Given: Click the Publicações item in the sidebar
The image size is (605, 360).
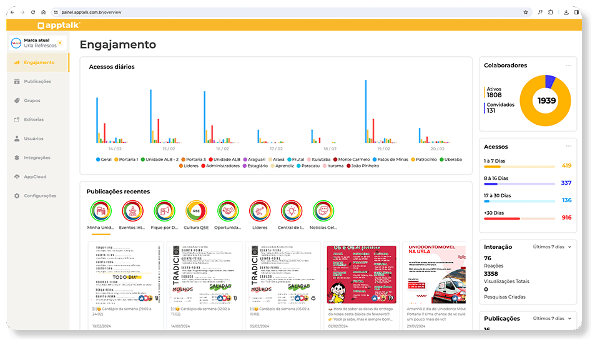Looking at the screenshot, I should (x=37, y=82).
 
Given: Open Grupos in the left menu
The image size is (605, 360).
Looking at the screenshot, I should (x=32, y=100).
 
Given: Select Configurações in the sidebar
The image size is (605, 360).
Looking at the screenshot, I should (x=39, y=196).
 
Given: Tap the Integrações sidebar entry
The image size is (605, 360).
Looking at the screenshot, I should (x=37, y=158).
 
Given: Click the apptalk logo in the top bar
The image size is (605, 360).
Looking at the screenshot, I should (x=58, y=26).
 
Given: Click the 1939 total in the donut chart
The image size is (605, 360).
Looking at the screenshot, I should (x=546, y=101).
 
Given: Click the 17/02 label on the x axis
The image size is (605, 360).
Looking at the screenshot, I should (x=276, y=149).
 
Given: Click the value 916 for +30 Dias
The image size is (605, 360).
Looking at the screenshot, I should (x=566, y=218).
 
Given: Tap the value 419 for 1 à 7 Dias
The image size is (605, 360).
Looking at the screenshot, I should (x=566, y=166).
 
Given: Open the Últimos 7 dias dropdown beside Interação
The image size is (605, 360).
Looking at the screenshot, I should (x=553, y=247).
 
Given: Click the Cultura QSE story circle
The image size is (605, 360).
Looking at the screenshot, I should (x=196, y=212).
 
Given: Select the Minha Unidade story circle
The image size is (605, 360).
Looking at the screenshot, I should (x=101, y=212).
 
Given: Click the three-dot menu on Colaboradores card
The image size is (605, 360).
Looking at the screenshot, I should (x=568, y=66).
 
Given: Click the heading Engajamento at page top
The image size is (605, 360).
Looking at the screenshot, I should (x=118, y=45).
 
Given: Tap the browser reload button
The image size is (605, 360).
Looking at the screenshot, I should (x=32, y=12).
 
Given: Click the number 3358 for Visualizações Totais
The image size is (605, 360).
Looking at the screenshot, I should (x=491, y=273).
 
